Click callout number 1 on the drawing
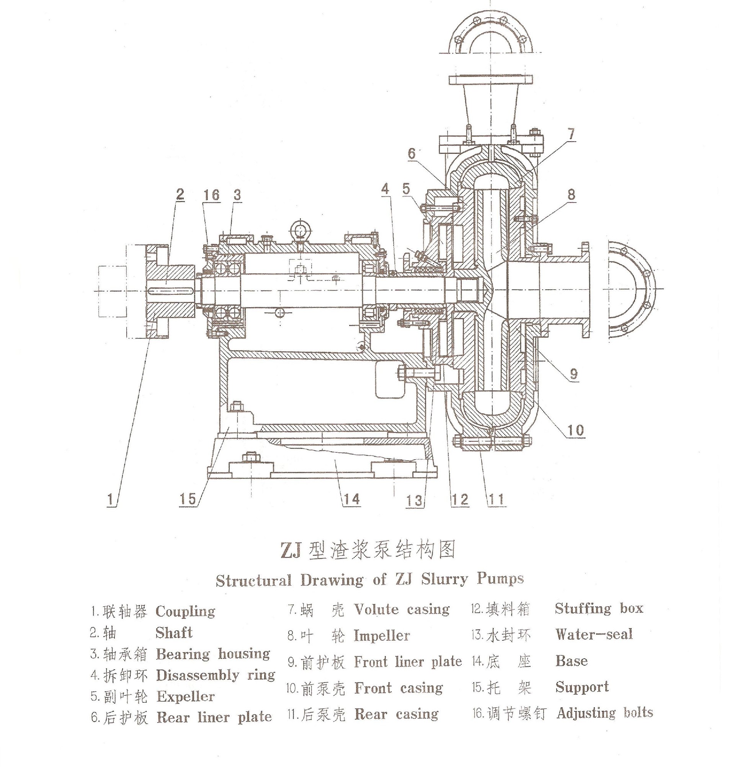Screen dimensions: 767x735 [111, 499]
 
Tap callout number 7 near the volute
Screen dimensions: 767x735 [571, 134]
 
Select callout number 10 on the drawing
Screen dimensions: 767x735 [575, 430]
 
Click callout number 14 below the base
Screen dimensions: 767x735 [351, 499]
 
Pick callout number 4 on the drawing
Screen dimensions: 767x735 [385, 189]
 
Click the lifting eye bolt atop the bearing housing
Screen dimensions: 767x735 [299, 228]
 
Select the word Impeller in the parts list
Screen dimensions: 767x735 [382, 635]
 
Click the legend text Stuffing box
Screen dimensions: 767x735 [599, 609]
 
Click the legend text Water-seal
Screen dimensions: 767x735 [594, 634]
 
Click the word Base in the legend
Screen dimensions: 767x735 [572, 661]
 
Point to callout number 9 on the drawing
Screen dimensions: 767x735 [573, 374]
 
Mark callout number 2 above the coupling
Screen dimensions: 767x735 [180, 194]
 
